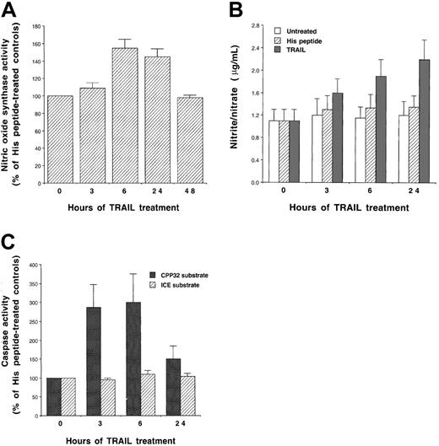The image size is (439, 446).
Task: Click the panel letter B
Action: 236,10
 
